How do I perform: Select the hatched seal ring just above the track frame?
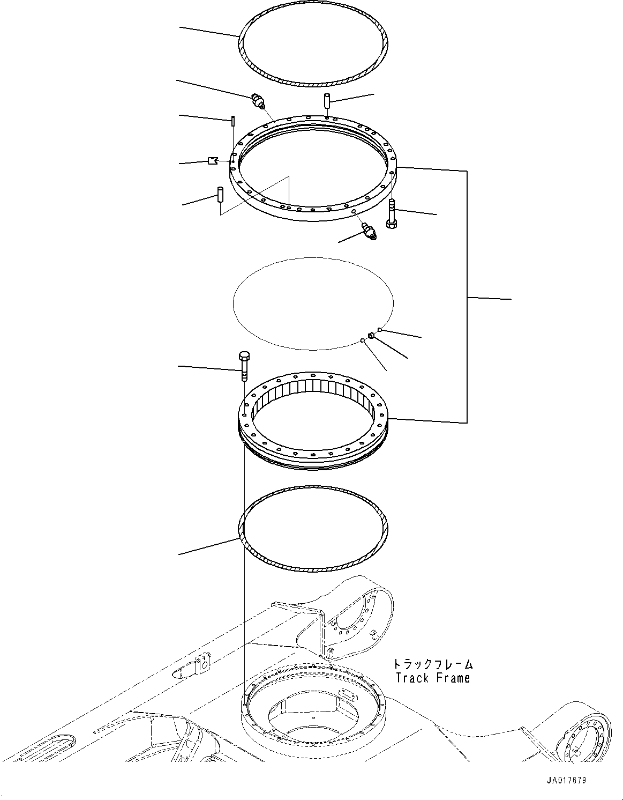pyautogui.click(x=313, y=564)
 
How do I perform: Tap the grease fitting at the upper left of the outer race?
pyautogui.click(x=258, y=101)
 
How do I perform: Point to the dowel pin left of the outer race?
pyautogui.click(x=220, y=194)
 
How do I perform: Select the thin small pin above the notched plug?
pyautogui.click(x=234, y=121)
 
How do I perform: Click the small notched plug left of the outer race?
pyautogui.click(x=212, y=160)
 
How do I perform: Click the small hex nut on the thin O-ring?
pyautogui.click(x=370, y=336)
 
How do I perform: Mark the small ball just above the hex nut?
pyautogui.click(x=380, y=329)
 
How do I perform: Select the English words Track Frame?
pyautogui.click(x=433, y=678)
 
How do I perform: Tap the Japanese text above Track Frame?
pyautogui.click(x=433, y=664)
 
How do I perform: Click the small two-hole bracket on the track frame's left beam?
pyautogui.click(x=202, y=664)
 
